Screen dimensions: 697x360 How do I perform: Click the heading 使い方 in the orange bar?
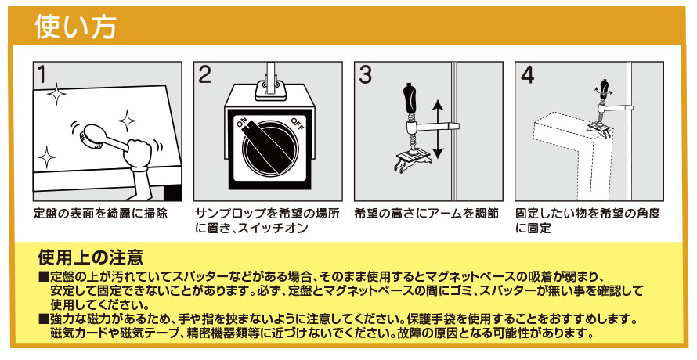click(75, 27)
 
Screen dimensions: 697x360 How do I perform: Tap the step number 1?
click(42, 74)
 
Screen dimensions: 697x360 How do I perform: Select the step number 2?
click(204, 74)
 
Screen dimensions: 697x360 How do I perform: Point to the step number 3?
click(366, 74)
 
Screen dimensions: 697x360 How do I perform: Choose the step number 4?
click(527, 74)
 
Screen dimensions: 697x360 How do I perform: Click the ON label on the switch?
click(243, 122)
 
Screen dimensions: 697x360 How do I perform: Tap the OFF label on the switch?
click(298, 124)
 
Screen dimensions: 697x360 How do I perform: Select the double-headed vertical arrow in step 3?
click(438, 129)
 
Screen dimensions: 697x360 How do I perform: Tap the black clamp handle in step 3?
click(409, 98)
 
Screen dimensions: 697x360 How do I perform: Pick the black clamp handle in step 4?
click(604, 87)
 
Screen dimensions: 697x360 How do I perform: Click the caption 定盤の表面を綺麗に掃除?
click(100, 214)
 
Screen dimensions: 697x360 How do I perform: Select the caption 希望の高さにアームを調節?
click(426, 214)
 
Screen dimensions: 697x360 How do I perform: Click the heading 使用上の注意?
click(91, 257)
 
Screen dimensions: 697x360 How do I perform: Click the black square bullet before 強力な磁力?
click(44, 319)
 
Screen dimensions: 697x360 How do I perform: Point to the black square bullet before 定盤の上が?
click(44, 277)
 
